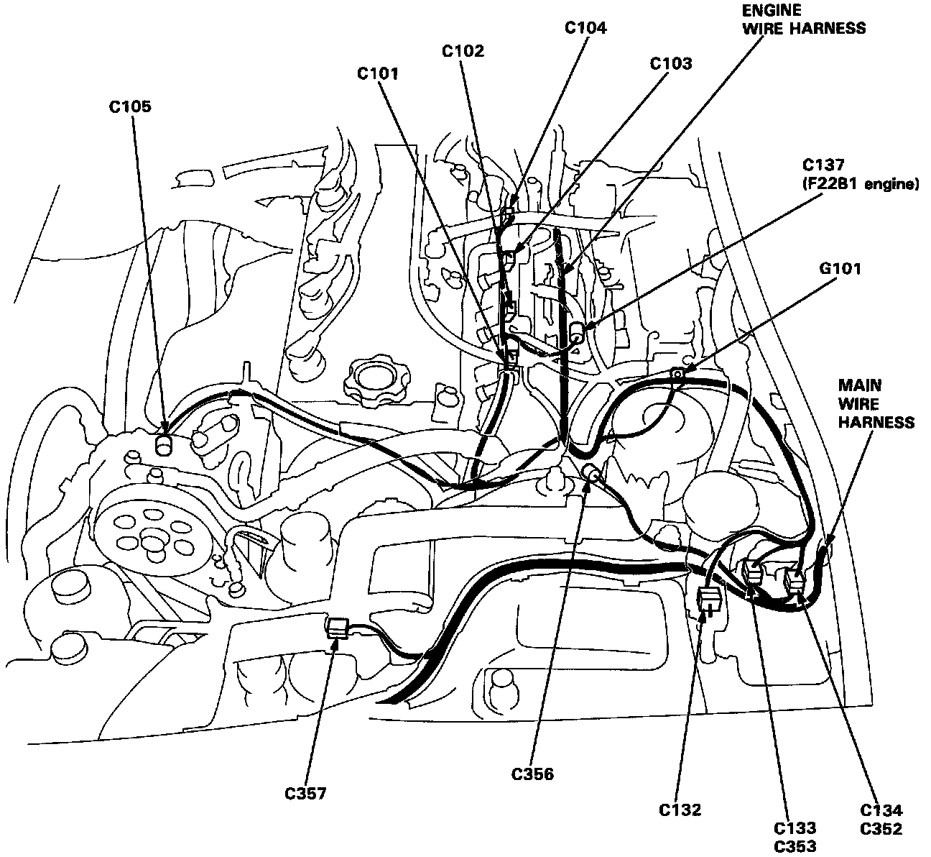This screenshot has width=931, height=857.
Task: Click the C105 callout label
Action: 130,107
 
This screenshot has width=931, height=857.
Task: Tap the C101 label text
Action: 378,73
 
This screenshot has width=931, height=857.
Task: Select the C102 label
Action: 463,51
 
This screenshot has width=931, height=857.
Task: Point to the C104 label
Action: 585,28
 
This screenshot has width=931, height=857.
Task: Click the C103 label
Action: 671,63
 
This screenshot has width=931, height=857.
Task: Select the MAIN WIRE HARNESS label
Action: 876,404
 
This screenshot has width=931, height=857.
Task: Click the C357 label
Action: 305,794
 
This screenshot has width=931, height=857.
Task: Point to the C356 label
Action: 532,774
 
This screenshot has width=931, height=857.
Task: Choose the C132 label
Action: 680,810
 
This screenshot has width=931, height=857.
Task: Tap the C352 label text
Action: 881,828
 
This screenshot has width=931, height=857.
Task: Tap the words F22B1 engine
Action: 860,184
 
